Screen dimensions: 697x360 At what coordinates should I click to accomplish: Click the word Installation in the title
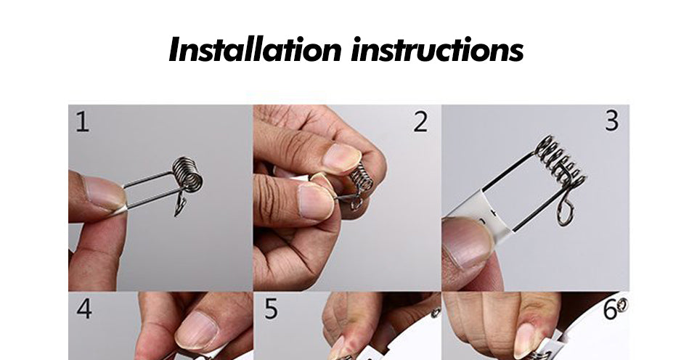click(x=255, y=49)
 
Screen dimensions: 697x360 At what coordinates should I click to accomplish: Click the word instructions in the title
click(x=437, y=50)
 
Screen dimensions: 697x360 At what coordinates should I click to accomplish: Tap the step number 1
click(x=82, y=122)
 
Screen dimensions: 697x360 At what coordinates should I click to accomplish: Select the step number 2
click(x=420, y=122)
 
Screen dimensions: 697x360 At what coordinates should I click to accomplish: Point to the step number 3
click(x=611, y=120)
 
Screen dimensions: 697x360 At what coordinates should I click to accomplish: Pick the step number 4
click(x=84, y=308)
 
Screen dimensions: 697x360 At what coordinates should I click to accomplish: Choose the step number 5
click(x=271, y=308)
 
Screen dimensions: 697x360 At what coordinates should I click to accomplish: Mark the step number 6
click(x=610, y=309)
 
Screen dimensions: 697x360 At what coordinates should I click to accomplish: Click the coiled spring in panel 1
click(x=187, y=174)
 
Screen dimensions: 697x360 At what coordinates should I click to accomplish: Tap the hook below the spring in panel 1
click(x=180, y=205)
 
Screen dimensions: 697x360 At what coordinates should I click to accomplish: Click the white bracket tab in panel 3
click(x=484, y=213)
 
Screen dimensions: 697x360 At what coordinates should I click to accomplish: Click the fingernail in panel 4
click(x=196, y=330)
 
